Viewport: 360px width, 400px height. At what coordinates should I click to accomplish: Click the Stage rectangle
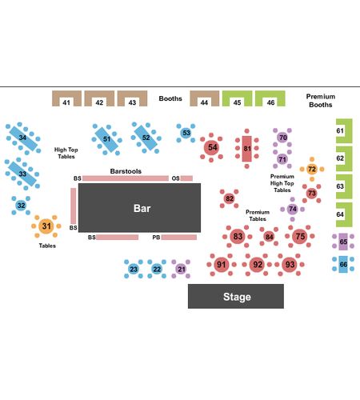coord(236,296)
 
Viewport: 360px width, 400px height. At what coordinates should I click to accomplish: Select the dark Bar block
coord(139,208)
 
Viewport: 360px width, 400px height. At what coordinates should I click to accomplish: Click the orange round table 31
coord(46,226)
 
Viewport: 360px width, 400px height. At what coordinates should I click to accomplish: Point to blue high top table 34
coord(23,138)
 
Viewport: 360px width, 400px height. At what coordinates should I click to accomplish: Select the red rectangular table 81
coord(247,149)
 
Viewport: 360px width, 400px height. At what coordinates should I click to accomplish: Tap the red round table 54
coord(211,147)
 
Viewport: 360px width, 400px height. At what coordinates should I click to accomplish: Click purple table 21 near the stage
coord(181,269)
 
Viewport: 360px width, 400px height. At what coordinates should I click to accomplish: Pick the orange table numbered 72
coord(312,169)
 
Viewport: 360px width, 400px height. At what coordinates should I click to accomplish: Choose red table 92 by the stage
coord(257,264)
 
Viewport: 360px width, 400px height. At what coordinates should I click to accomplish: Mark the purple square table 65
coord(343,242)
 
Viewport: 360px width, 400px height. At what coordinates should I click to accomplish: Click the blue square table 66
coord(343,264)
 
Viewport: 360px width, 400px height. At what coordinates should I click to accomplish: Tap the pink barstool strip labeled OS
coord(186,178)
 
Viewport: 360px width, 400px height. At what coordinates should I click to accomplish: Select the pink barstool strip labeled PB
coord(179,238)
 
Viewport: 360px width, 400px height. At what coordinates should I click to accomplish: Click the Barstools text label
coord(126,171)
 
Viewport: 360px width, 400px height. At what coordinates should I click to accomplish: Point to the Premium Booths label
coord(321,101)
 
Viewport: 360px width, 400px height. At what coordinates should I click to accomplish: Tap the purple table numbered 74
coord(293,209)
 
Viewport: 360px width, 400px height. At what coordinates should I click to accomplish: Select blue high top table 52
coord(146,138)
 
